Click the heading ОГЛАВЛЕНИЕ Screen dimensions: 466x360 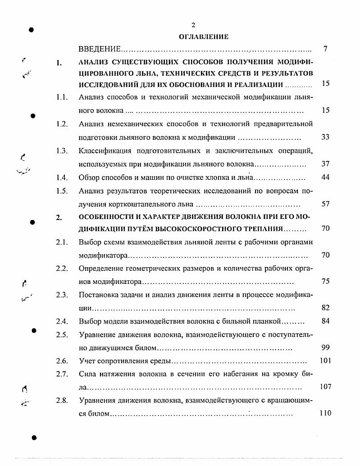[x=204, y=37]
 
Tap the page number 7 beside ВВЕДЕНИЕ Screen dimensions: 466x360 [x=325, y=49]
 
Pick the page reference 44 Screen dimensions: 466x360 [x=325, y=177]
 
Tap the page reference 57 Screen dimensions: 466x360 [x=325, y=204]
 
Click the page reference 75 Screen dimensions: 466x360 [x=325, y=281]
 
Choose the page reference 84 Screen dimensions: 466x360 [x=325, y=321]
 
